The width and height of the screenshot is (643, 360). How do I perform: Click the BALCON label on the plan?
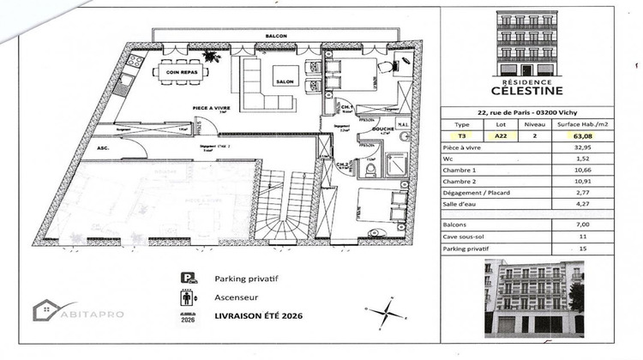(x=276, y=35)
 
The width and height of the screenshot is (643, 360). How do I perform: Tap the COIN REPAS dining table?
(x=179, y=72)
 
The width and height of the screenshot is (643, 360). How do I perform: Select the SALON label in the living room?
(x=285, y=81)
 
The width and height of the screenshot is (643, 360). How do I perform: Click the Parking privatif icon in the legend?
(x=186, y=279)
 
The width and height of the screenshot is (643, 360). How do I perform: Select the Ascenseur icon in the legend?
(x=186, y=298)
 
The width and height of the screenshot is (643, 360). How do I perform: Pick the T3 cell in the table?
(x=461, y=135)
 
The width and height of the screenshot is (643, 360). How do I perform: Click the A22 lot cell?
(x=500, y=135)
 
